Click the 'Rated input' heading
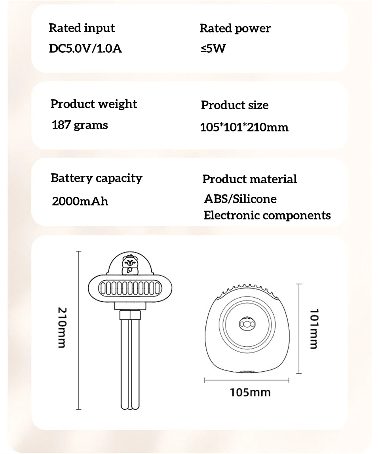click(82, 28)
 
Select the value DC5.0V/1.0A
click(85, 49)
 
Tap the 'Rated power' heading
click(235, 28)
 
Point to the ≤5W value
click(213, 49)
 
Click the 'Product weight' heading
click(93, 104)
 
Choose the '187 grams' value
click(80, 125)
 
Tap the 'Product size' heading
click(235, 105)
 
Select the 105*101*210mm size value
click(245, 127)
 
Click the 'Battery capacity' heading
click(96, 178)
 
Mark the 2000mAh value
click(80, 201)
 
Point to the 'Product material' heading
click(249, 179)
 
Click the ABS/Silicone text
click(240, 199)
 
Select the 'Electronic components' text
click(267, 216)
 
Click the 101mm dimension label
click(313, 329)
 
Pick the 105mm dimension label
click(250, 392)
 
